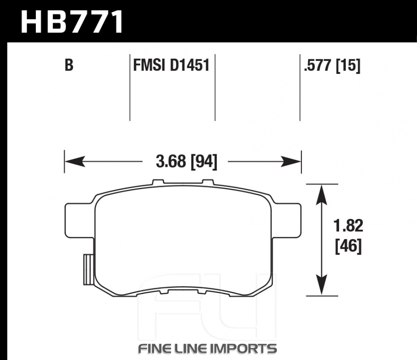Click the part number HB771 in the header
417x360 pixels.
(72, 22)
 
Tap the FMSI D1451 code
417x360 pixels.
(171, 65)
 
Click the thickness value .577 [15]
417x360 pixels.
(332, 65)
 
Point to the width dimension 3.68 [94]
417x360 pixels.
(186, 161)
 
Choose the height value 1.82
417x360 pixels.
(348, 226)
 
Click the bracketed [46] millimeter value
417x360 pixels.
(348, 246)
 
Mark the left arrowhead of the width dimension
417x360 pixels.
(75, 161)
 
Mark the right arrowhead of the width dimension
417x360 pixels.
(291, 161)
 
